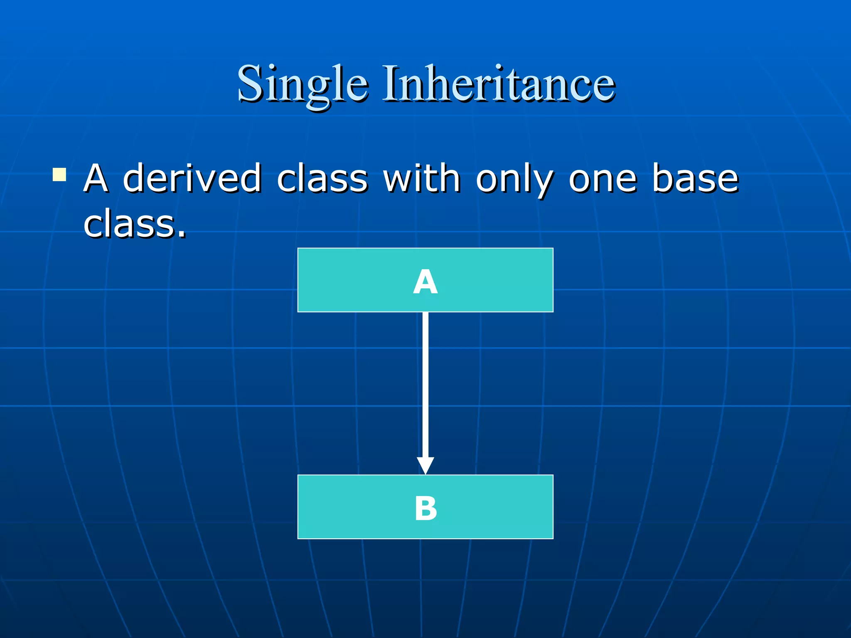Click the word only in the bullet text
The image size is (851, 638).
pyautogui.click(x=514, y=179)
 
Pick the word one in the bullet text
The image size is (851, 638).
pyautogui.click(x=603, y=179)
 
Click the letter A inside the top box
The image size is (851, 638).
pyautogui.click(x=425, y=282)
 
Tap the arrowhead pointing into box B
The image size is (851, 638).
pyautogui.click(x=425, y=465)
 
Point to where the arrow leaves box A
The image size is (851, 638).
pyautogui.click(x=425, y=314)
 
